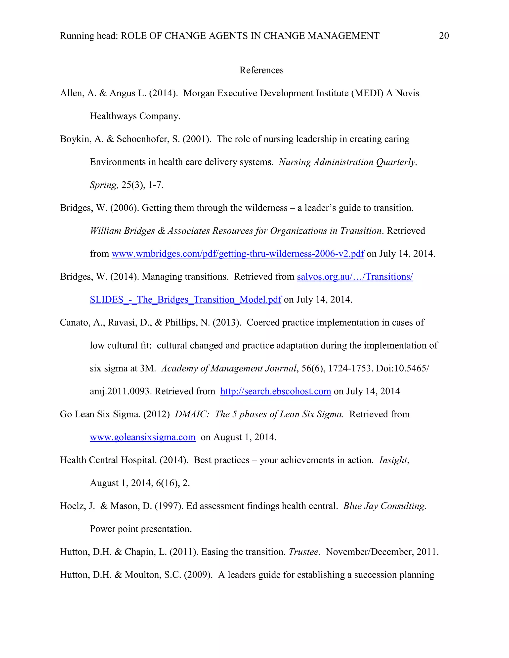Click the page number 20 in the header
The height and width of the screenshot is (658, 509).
tap(444, 36)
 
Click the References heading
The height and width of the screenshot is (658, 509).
tap(261, 70)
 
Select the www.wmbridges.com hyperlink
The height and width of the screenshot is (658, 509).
tap(238, 254)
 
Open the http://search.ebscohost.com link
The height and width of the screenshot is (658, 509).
tap(276, 391)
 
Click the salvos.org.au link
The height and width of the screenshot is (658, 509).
tap(355, 277)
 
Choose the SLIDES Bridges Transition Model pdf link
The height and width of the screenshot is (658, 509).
tap(185, 299)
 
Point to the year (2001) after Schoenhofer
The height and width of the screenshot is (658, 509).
tap(197, 139)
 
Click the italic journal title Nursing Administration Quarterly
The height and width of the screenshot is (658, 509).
tap(348, 162)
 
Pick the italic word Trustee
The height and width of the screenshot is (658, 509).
tap(304, 552)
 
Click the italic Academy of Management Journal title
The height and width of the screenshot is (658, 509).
tap(229, 368)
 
